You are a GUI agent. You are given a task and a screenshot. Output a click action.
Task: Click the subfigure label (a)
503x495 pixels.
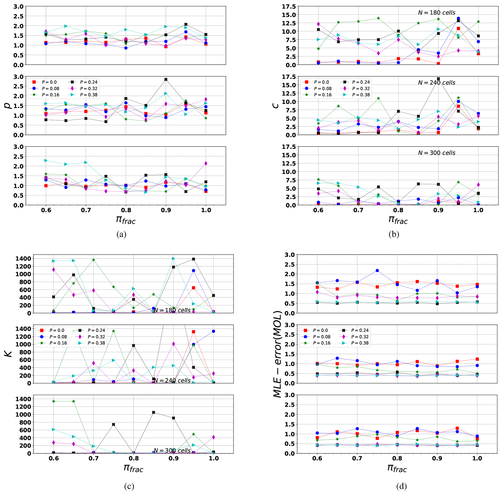(x=121, y=234)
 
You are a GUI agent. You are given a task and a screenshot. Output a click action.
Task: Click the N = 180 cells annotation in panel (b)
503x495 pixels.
(x=437, y=12)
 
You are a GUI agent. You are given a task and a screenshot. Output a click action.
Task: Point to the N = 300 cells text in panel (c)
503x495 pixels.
(x=172, y=450)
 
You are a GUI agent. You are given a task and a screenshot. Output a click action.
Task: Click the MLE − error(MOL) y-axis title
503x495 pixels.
(x=278, y=354)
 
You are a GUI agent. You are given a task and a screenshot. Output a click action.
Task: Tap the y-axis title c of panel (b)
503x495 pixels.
(x=276, y=106)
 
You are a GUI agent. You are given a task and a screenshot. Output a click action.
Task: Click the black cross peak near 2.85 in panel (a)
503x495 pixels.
(x=166, y=80)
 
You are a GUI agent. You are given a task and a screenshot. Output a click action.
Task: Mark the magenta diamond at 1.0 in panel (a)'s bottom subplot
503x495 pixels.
(x=206, y=163)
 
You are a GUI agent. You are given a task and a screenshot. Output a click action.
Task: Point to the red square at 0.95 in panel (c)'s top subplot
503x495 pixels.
(x=193, y=288)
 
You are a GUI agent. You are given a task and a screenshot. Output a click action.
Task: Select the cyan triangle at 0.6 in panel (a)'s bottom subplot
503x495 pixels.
(x=46, y=160)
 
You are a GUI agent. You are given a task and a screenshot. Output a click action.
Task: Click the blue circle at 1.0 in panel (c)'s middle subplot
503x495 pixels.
(x=213, y=331)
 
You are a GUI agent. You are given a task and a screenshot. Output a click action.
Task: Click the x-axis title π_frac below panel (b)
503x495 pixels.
(x=398, y=220)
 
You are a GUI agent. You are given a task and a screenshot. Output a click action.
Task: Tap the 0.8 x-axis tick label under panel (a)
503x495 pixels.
(x=126, y=210)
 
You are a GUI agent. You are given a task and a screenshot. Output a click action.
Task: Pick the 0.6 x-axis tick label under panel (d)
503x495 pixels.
(x=317, y=458)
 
